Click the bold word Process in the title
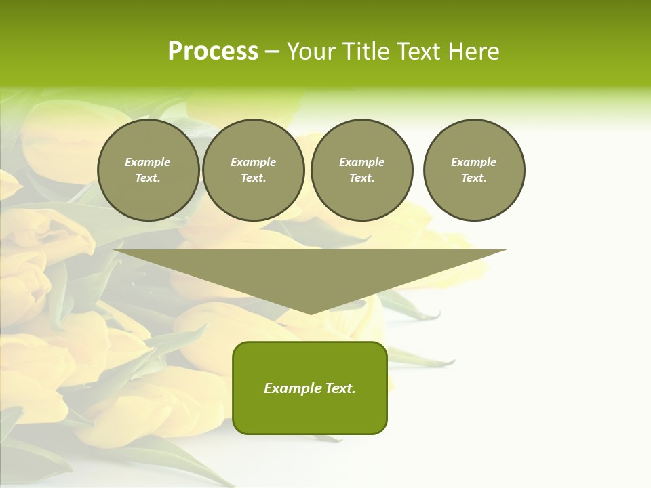pos(213,52)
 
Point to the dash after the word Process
pos(272,52)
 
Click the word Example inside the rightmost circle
pos(474,162)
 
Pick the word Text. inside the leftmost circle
pos(148,178)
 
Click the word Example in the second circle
pos(254,162)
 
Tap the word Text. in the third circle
pos(362,178)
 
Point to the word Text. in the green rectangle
pos(340,388)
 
